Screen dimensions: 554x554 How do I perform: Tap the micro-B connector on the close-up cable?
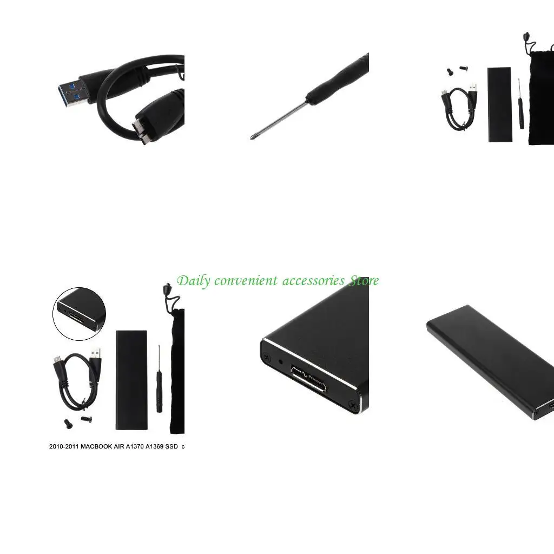point(141,124)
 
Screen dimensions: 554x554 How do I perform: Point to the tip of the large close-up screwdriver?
point(252,137)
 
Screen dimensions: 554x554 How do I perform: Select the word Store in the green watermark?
point(364,280)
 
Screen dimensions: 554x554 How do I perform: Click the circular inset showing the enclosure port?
point(79,311)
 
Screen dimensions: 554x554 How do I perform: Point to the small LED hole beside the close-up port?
point(280,361)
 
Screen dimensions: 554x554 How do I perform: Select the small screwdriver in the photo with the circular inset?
point(160,379)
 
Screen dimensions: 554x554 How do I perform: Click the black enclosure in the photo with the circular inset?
point(131,379)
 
